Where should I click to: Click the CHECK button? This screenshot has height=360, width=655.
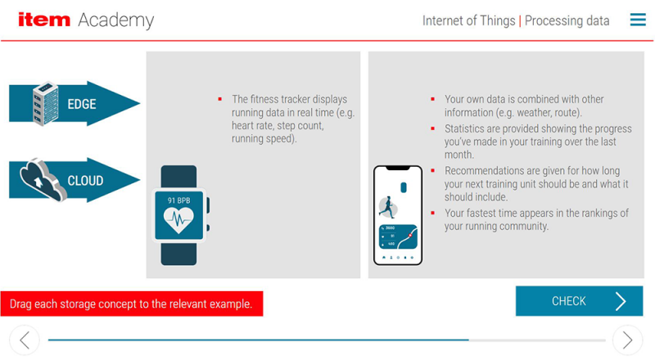tap(579, 301)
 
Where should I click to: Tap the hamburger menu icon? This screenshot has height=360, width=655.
tap(638, 20)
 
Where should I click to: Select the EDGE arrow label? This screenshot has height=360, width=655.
tap(82, 104)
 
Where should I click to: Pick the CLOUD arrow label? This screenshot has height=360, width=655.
tap(85, 180)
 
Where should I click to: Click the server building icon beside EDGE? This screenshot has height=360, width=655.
tap(45, 104)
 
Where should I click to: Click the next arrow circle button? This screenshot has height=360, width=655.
tap(627, 340)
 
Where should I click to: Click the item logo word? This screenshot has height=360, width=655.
tap(44, 20)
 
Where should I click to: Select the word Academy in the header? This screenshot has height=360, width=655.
tap(115, 20)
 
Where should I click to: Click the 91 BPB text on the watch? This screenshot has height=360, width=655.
tap(178, 200)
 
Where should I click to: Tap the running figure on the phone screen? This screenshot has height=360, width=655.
tap(388, 206)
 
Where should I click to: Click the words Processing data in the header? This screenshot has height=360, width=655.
tap(567, 20)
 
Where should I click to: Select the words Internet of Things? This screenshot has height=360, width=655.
tap(468, 20)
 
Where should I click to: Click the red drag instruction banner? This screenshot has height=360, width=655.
tap(131, 304)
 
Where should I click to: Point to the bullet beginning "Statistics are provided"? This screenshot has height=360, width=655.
tap(538, 141)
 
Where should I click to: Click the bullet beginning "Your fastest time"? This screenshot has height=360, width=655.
tap(536, 219)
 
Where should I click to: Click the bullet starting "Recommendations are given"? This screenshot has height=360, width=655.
tap(536, 184)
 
